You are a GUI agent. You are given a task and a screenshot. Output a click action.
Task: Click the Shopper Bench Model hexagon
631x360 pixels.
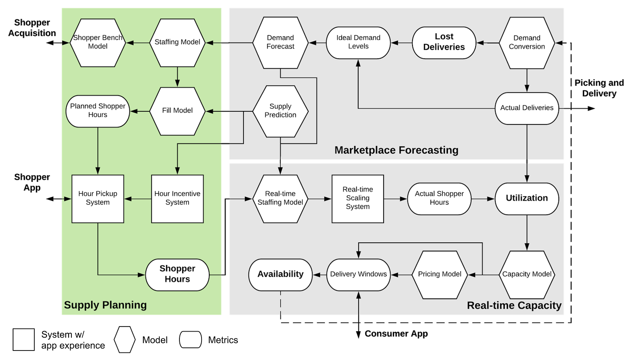click(x=98, y=42)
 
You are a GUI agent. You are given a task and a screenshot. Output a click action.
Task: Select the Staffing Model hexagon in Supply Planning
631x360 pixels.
click(x=177, y=42)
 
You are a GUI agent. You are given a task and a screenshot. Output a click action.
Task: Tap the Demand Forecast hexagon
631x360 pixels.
click(x=280, y=42)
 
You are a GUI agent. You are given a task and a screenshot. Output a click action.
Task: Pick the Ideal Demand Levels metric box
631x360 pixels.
click(x=358, y=42)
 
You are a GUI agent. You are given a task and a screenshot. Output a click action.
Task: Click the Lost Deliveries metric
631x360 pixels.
click(x=444, y=42)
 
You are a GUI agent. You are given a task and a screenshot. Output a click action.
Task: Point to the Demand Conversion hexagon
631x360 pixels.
click(x=527, y=43)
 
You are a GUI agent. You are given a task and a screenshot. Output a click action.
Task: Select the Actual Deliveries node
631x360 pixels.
click(x=527, y=108)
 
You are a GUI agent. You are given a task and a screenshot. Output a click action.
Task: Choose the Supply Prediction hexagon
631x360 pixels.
click(x=280, y=111)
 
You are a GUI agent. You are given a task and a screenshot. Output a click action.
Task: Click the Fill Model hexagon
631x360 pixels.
click(x=177, y=111)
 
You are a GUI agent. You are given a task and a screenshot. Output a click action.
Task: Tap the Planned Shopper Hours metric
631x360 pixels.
click(x=98, y=111)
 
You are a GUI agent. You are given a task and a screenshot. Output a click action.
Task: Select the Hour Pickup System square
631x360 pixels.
click(x=98, y=198)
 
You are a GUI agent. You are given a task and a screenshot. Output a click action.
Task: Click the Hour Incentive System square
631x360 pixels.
click(x=177, y=198)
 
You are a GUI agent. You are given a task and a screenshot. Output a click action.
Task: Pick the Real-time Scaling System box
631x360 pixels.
click(x=358, y=198)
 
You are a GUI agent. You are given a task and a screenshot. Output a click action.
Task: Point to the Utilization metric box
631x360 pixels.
click(x=527, y=198)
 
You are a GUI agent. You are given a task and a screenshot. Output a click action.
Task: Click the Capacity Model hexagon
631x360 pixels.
click(x=527, y=274)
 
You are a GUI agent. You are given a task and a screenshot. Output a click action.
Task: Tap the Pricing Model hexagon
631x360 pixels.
click(x=440, y=274)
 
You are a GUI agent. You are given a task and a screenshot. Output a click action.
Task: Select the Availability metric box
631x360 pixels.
click(x=280, y=274)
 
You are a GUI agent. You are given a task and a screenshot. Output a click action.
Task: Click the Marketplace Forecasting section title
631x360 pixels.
click(x=396, y=150)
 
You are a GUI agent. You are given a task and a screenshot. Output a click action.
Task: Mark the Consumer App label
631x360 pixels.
click(x=396, y=334)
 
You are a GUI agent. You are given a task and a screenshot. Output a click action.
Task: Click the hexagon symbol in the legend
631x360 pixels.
click(x=125, y=339)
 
